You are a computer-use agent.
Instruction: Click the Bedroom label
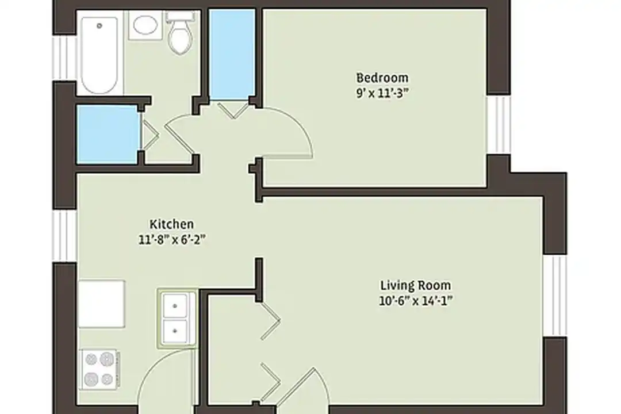click(382, 78)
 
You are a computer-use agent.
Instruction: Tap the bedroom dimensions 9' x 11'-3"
click(382, 94)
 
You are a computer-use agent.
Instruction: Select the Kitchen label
click(171, 224)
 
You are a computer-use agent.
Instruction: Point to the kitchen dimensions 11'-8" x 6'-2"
click(171, 240)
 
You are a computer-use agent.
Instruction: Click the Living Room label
click(416, 285)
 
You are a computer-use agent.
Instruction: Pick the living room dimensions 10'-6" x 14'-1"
click(416, 301)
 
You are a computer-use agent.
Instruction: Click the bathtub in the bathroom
click(99, 55)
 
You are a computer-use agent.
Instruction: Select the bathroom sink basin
click(145, 25)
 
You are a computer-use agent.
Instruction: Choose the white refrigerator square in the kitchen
click(102, 304)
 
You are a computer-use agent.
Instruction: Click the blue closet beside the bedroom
click(232, 54)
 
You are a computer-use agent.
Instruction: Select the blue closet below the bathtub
click(108, 135)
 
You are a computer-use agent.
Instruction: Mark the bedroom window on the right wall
click(499, 124)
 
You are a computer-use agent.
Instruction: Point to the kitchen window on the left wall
click(64, 236)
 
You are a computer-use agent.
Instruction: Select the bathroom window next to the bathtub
click(64, 58)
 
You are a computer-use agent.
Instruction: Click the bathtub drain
click(99, 26)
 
